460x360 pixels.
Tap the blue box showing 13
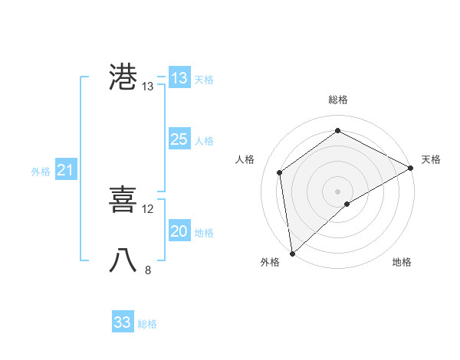pyautogui.click(x=179, y=78)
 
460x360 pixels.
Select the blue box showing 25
pyautogui.click(x=179, y=139)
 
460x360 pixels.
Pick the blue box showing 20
pyautogui.click(x=179, y=231)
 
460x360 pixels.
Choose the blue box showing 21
pyautogui.click(x=66, y=171)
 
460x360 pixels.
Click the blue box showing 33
pyautogui.click(x=123, y=322)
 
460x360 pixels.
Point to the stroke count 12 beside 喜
pyautogui.click(x=148, y=209)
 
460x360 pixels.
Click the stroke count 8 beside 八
pyautogui.click(x=148, y=270)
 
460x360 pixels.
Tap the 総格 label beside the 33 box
pyautogui.click(x=147, y=324)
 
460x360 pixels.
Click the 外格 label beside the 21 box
pyautogui.click(x=41, y=172)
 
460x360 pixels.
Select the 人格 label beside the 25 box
pyautogui.click(x=204, y=141)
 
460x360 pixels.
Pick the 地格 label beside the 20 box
pyautogui.click(x=204, y=233)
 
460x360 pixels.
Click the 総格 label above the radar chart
pyautogui.click(x=337, y=100)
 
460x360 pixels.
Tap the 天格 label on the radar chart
pyautogui.click(x=431, y=159)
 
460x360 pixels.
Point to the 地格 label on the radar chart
pyautogui.click(x=402, y=263)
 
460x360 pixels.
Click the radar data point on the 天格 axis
pyautogui.click(x=411, y=168)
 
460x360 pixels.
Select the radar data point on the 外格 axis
pyautogui.click(x=292, y=254)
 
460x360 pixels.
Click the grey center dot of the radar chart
pyautogui.click(x=337, y=191)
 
